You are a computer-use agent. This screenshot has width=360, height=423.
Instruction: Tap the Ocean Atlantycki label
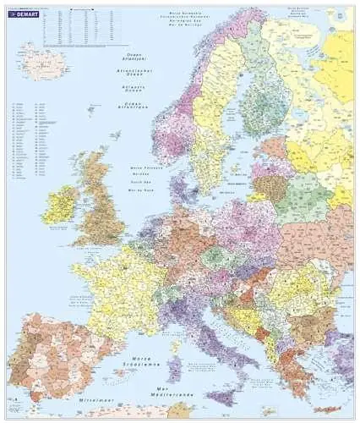click(x=132, y=55)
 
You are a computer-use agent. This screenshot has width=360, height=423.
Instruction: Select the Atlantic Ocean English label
click(x=132, y=86)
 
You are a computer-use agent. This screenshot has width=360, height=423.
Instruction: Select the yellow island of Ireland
click(x=61, y=205)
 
